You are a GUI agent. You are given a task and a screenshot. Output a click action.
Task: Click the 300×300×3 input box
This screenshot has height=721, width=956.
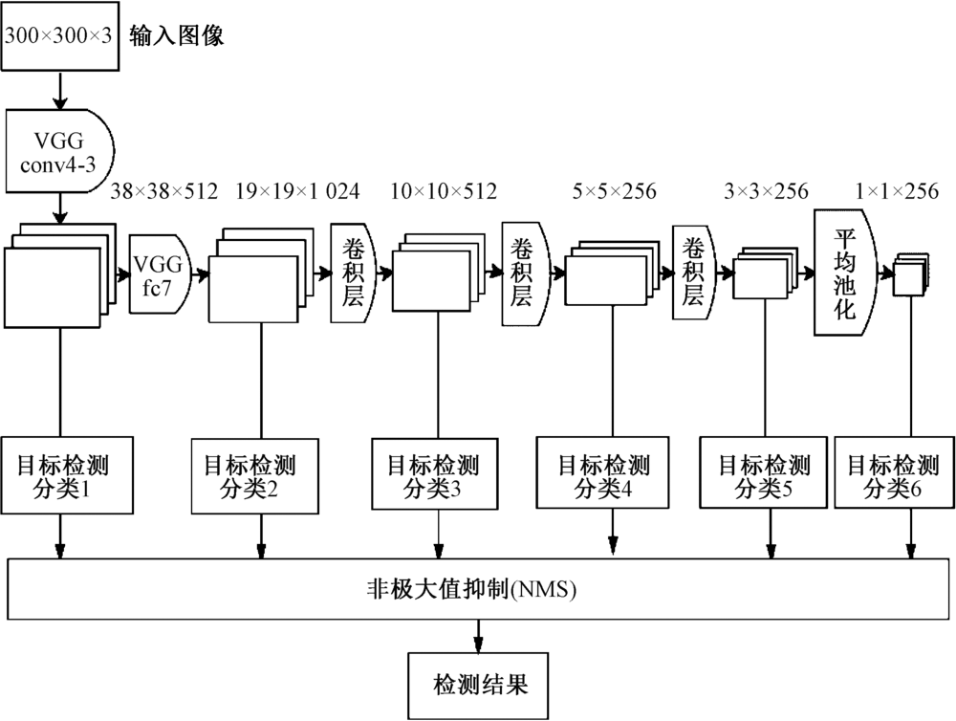pyautogui.click(x=61, y=37)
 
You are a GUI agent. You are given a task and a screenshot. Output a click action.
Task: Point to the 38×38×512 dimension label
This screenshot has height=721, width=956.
pyautogui.click(x=164, y=191)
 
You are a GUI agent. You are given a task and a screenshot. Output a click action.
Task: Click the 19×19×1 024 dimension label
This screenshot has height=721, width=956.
pyautogui.click(x=297, y=191)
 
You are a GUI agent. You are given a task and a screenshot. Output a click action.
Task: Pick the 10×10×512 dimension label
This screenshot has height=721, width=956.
pyautogui.click(x=444, y=191)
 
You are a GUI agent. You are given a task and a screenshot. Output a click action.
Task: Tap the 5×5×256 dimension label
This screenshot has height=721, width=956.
pyautogui.click(x=615, y=191)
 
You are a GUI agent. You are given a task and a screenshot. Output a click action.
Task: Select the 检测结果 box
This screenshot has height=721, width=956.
pyautogui.click(x=480, y=684)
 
